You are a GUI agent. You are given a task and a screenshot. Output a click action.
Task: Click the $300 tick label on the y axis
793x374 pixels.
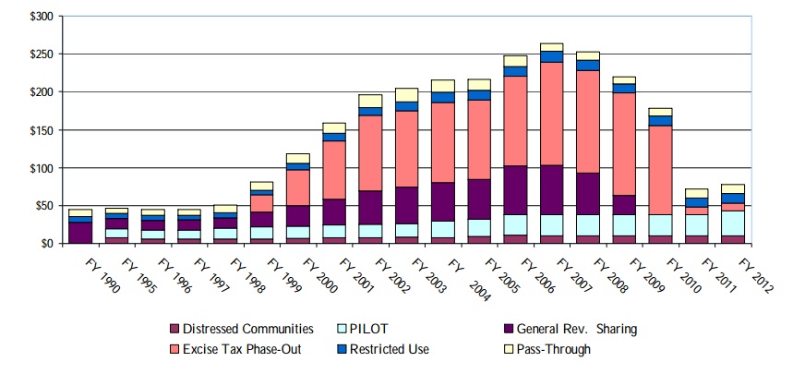pyautogui.click(x=41, y=17)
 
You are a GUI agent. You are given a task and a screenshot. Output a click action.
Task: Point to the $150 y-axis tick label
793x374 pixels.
pyautogui.click(x=41, y=130)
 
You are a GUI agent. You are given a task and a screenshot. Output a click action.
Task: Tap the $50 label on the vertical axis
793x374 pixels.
pyautogui.click(x=43, y=206)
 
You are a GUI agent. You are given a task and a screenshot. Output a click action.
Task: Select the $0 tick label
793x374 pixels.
pyautogui.click(x=47, y=244)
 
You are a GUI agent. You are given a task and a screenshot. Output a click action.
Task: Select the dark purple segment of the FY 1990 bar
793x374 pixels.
pyautogui.click(x=80, y=232)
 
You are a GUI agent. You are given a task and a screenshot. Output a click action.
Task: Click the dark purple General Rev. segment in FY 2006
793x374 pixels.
pyautogui.click(x=515, y=190)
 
